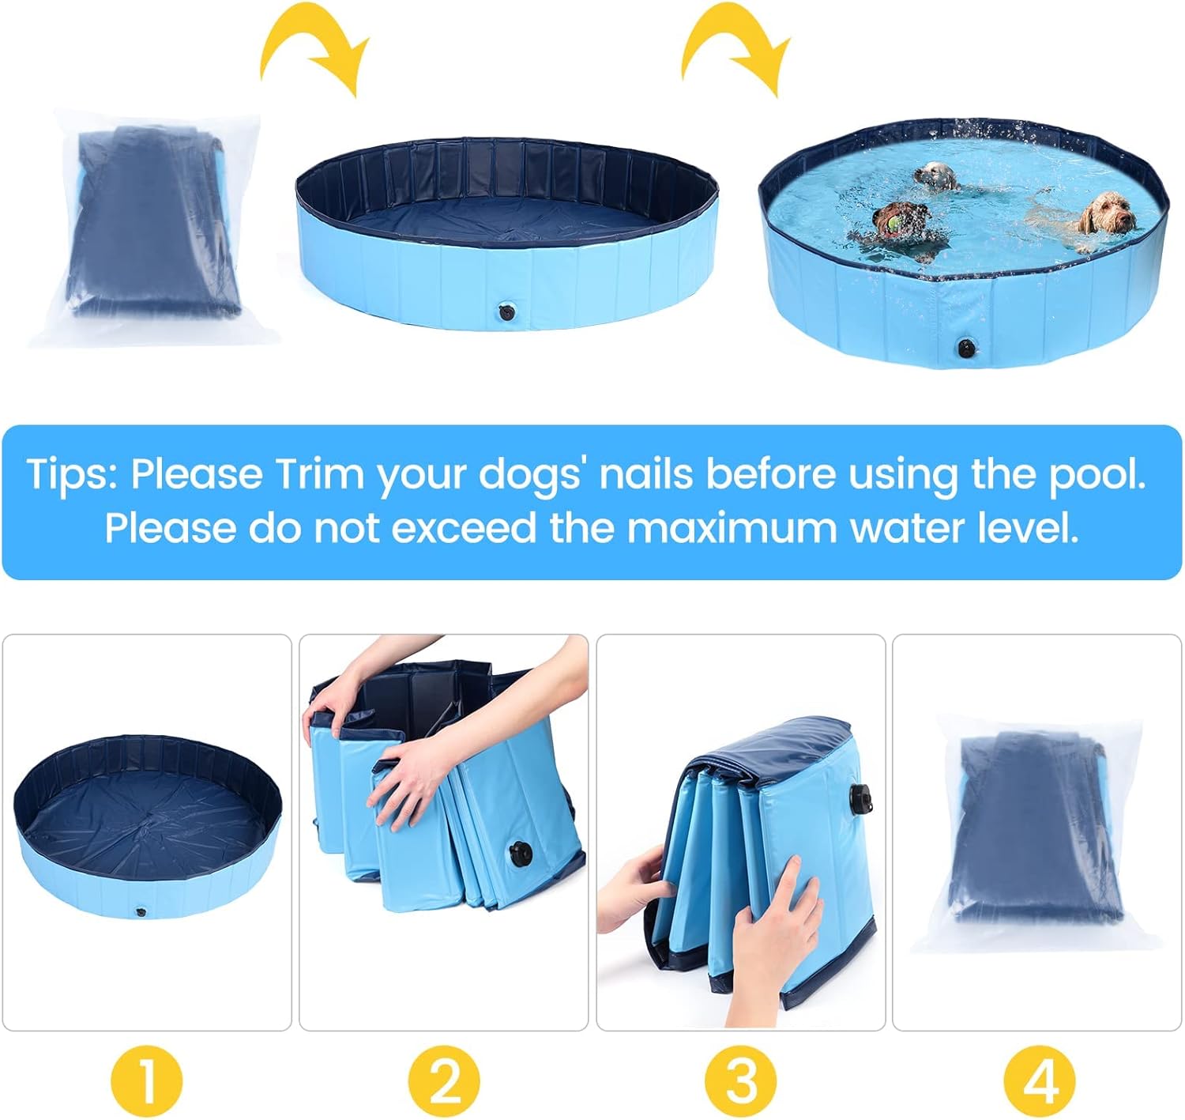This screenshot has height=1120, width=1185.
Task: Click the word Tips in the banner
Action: [x=72, y=475]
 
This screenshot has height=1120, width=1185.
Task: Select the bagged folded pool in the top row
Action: [x=155, y=227]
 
